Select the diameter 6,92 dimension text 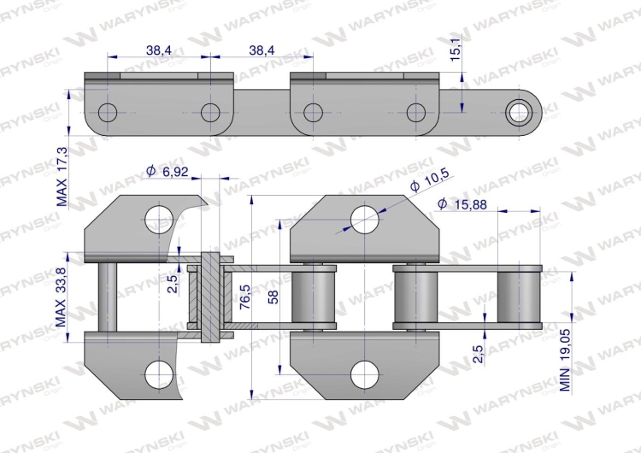[167, 173]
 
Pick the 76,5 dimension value [244, 298]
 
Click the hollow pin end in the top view [519, 111]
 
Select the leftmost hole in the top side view [109, 112]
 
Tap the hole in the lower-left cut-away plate [157, 372]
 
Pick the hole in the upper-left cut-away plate [157, 220]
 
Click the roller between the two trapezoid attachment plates [314, 296]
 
